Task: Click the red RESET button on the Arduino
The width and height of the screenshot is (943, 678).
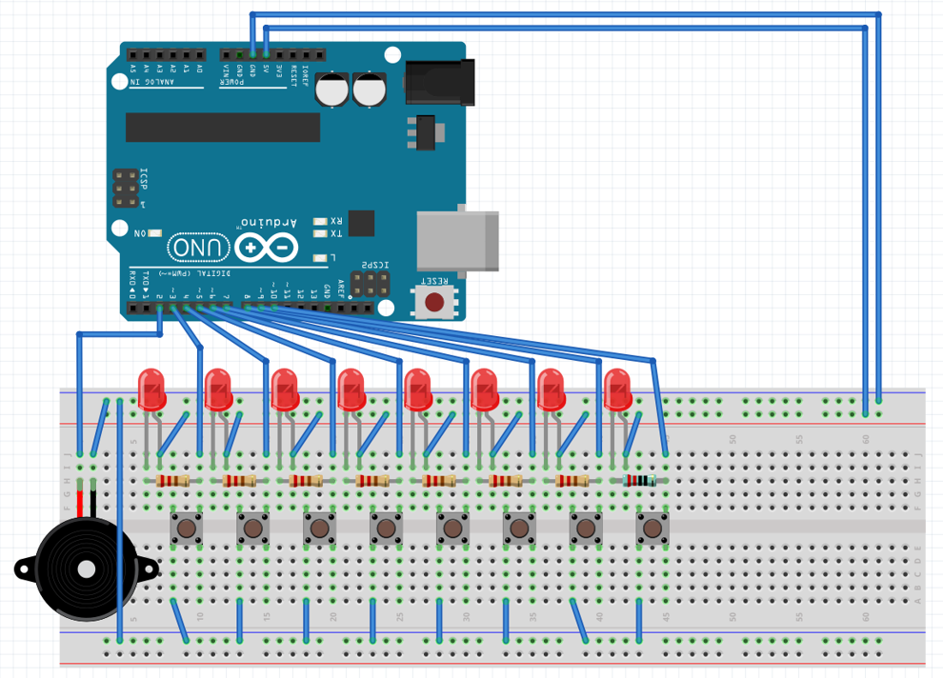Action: click(434, 303)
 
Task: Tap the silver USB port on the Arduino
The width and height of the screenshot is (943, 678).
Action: click(457, 239)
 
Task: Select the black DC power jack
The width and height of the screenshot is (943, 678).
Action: click(439, 81)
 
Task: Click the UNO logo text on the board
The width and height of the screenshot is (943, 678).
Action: click(200, 249)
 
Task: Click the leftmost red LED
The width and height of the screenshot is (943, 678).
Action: click(151, 389)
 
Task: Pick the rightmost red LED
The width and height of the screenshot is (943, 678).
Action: click(617, 389)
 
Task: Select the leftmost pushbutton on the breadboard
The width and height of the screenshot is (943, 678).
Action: click(186, 528)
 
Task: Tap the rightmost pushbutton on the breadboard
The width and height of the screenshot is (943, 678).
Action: click(652, 528)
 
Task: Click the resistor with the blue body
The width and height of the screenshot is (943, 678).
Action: click(638, 481)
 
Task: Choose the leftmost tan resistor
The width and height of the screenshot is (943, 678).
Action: click(172, 481)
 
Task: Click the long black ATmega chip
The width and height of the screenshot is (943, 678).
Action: click(222, 127)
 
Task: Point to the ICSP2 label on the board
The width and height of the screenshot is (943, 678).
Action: click(375, 266)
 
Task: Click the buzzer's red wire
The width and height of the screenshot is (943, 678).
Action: click(81, 501)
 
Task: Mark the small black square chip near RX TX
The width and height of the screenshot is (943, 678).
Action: click(361, 223)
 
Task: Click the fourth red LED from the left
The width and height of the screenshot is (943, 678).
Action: click(351, 389)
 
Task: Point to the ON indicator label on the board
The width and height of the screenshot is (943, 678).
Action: click(140, 233)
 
